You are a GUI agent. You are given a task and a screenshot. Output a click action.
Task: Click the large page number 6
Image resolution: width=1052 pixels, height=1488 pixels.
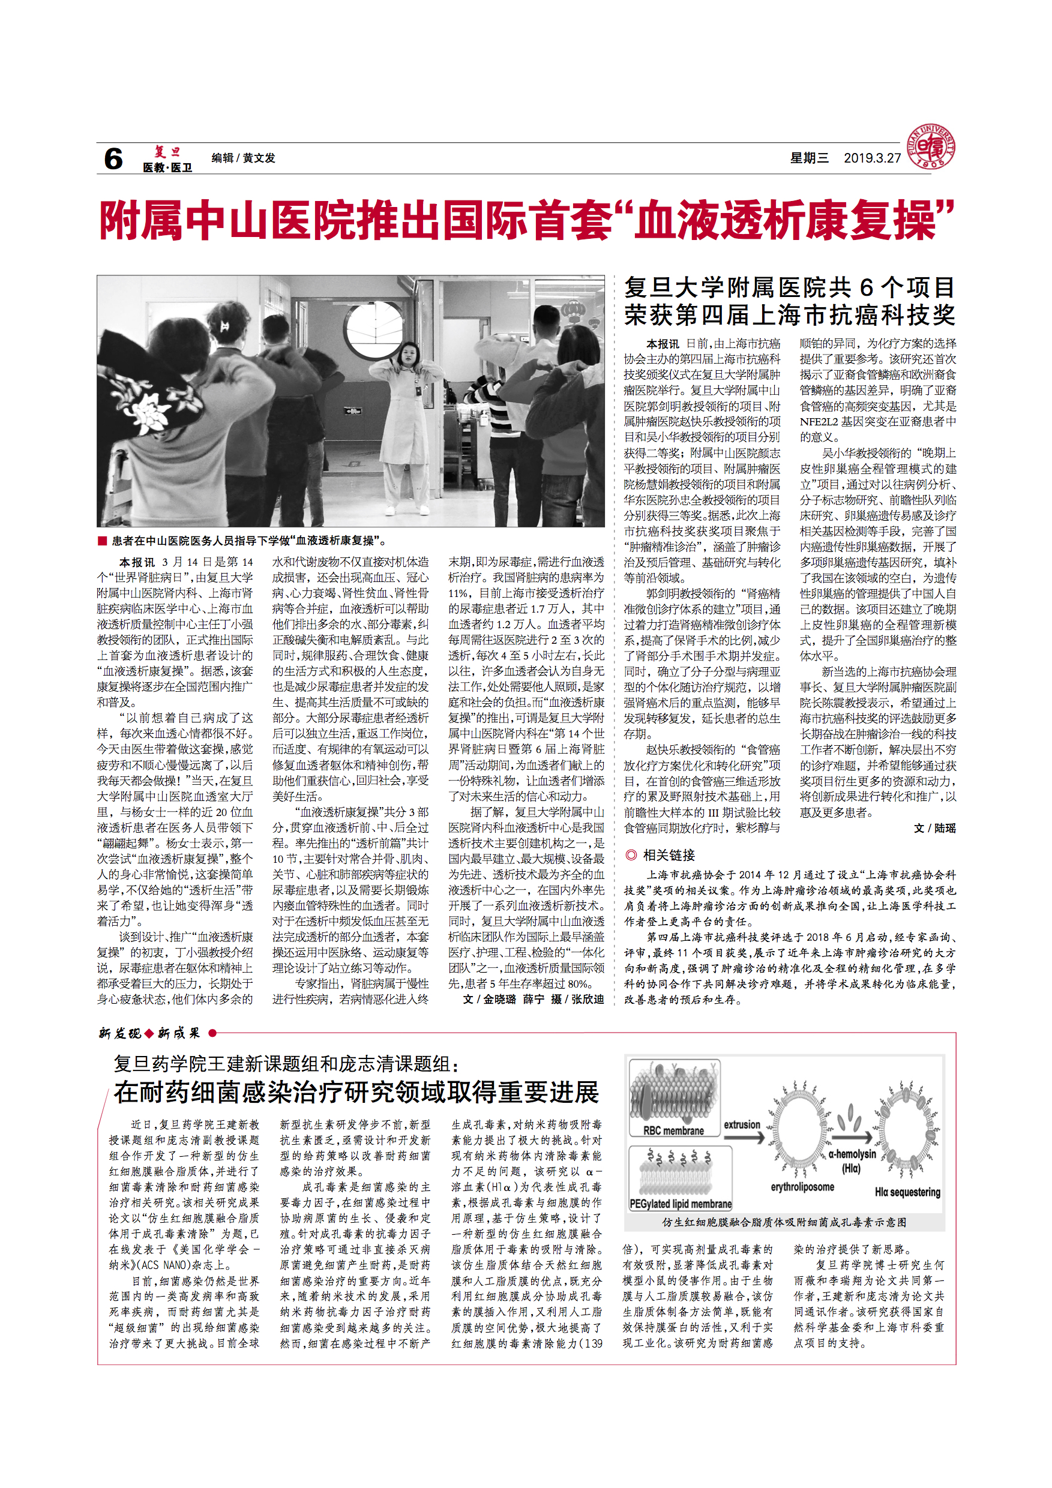point(113,159)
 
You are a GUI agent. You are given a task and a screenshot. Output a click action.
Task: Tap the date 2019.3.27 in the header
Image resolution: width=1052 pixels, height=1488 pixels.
point(872,158)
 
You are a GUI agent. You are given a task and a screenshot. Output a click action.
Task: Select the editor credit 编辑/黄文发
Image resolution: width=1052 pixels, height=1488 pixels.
point(243,158)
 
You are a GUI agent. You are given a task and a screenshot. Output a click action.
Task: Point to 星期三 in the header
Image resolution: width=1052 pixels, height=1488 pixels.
point(809,158)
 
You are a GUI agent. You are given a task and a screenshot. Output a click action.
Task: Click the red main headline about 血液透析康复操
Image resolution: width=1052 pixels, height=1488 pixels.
point(526,220)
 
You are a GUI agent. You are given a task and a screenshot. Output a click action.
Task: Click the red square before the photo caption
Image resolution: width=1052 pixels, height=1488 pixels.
point(102,541)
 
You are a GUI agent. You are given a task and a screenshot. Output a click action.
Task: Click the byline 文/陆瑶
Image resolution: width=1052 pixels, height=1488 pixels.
point(935,827)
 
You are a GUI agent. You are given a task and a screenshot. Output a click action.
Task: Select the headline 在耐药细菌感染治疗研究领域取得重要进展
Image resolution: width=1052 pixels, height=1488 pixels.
point(356,1092)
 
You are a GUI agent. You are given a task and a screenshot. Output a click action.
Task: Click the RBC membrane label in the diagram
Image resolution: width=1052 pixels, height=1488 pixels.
point(673,1130)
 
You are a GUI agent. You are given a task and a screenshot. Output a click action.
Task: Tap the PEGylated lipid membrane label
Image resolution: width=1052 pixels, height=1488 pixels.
point(681,1204)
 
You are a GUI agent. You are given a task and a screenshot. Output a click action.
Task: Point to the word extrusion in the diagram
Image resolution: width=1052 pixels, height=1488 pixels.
point(742,1124)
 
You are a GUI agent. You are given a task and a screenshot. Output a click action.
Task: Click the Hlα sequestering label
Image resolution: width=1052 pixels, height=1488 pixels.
point(907,1192)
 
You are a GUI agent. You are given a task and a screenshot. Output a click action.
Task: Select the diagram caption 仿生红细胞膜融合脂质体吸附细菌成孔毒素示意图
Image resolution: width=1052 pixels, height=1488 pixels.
point(784,1222)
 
